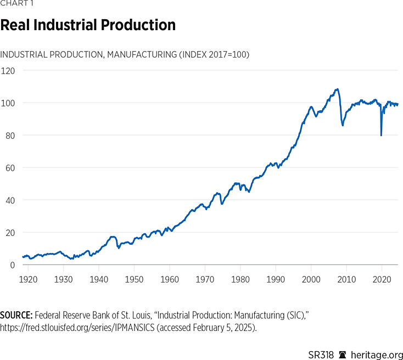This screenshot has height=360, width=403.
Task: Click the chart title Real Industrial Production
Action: (88, 25)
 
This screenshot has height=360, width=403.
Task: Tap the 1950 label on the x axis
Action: (134, 279)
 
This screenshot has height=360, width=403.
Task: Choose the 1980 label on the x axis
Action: (240, 279)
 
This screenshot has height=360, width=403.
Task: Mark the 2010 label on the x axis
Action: (346, 279)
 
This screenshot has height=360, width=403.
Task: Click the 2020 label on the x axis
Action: (382, 279)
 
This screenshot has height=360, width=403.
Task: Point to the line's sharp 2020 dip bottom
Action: (381, 135)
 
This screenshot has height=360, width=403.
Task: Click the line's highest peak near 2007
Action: (337, 89)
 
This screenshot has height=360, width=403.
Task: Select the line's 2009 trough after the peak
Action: (343, 125)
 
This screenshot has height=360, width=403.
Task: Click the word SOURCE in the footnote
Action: (16, 315)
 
